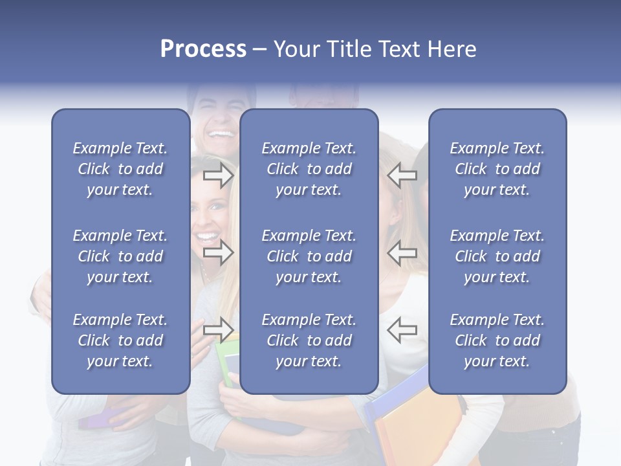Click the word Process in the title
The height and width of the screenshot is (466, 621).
pos(203,49)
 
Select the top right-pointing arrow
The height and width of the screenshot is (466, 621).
pos(218,175)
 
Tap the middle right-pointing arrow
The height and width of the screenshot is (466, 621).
pos(218,252)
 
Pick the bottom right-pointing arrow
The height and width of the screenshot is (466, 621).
pos(218,330)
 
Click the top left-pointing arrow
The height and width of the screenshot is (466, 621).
pos(402,175)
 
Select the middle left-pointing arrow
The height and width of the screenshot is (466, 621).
pos(402,252)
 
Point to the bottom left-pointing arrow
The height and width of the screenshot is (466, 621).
pos(402,330)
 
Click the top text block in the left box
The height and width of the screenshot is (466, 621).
pos(120,169)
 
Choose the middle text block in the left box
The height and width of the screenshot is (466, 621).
pos(120,256)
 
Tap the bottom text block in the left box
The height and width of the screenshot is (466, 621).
pos(120,340)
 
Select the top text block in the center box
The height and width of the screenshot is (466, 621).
pos(309,169)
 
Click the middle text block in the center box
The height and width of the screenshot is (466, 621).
pos(309,256)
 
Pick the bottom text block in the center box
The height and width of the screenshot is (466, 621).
pos(309,340)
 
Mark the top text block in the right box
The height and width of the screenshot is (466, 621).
pos(497,169)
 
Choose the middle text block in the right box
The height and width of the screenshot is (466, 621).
pos(497,256)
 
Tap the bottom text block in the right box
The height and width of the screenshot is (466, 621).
pos(497,340)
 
